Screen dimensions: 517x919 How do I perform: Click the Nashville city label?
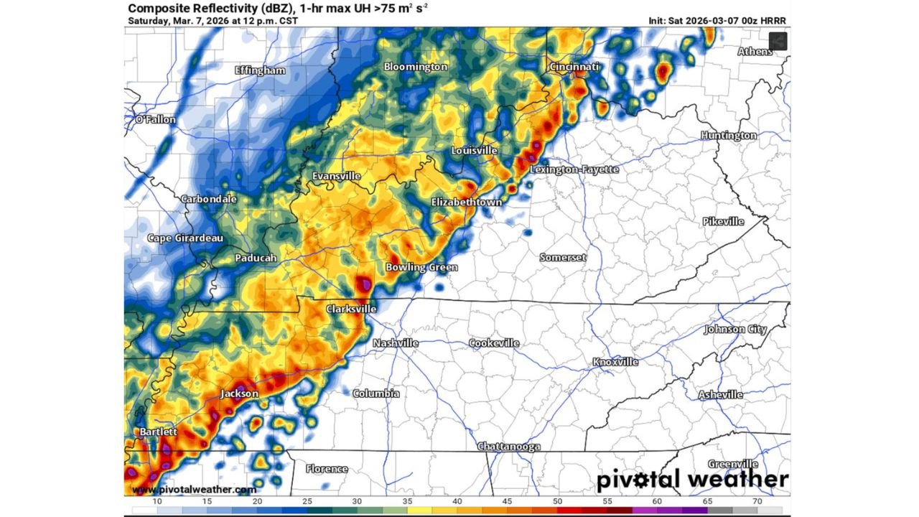(x=395, y=343)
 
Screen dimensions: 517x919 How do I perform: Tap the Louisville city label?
(x=474, y=151)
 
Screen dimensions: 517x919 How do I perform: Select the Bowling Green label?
(x=421, y=267)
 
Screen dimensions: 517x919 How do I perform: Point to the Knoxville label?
(x=615, y=362)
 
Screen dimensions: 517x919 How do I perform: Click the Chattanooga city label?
(x=509, y=447)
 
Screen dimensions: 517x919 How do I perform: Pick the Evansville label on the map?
(x=336, y=176)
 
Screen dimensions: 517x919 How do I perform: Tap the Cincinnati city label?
(x=574, y=67)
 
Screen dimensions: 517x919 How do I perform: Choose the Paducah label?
(x=256, y=258)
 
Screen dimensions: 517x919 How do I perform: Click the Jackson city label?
(x=239, y=393)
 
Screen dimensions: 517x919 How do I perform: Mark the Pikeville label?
(x=724, y=221)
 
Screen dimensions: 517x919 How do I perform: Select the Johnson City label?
(x=735, y=330)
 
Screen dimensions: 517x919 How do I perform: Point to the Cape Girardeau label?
(x=185, y=238)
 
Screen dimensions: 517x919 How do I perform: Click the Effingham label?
(x=260, y=70)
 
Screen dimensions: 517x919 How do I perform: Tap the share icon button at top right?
(x=778, y=42)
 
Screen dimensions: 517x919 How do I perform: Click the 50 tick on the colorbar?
(x=558, y=500)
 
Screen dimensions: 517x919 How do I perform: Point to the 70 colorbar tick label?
(x=757, y=500)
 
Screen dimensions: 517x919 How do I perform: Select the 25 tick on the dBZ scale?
(x=307, y=500)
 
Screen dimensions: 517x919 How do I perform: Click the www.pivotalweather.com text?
(x=194, y=490)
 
